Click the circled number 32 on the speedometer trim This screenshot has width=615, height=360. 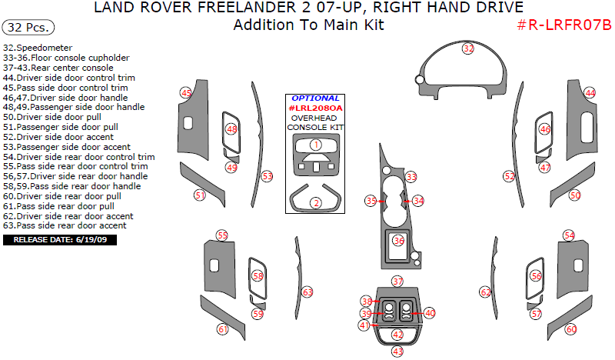[x=468, y=48]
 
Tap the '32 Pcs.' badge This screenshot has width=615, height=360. [x=28, y=27]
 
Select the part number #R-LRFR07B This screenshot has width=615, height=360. [x=563, y=25]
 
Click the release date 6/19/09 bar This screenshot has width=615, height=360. [x=60, y=240]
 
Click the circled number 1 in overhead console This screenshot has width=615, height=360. [x=315, y=145]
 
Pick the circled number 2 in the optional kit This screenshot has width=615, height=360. [x=315, y=203]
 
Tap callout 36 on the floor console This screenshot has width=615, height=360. [x=398, y=241]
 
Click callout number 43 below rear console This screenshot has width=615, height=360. [x=397, y=351]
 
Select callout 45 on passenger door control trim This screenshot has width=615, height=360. [x=186, y=93]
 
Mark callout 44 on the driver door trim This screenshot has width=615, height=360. [x=590, y=93]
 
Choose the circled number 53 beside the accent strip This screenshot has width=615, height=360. [x=267, y=176]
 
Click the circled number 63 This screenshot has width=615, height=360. [x=307, y=292]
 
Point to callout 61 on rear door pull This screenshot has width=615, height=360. [x=223, y=329]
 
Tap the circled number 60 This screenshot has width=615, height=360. [x=570, y=329]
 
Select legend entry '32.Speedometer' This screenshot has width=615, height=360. [x=37, y=48]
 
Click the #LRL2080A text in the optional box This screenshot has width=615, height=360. [x=315, y=108]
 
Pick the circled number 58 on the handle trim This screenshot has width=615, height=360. [x=258, y=275]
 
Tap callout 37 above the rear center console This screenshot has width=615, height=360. [x=397, y=282]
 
